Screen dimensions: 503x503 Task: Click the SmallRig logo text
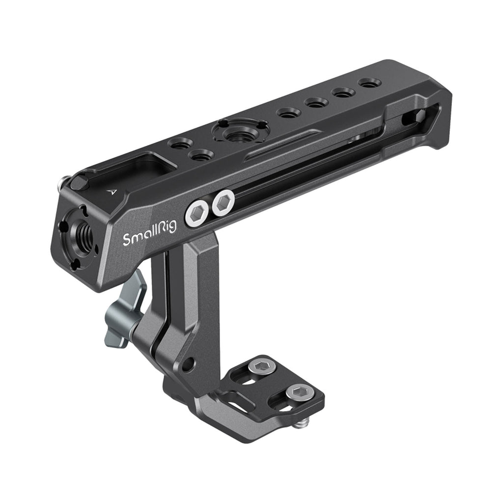[x=149, y=233]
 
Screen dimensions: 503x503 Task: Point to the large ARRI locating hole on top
[x=239, y=131]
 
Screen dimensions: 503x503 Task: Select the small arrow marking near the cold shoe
[x=112, y=192]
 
